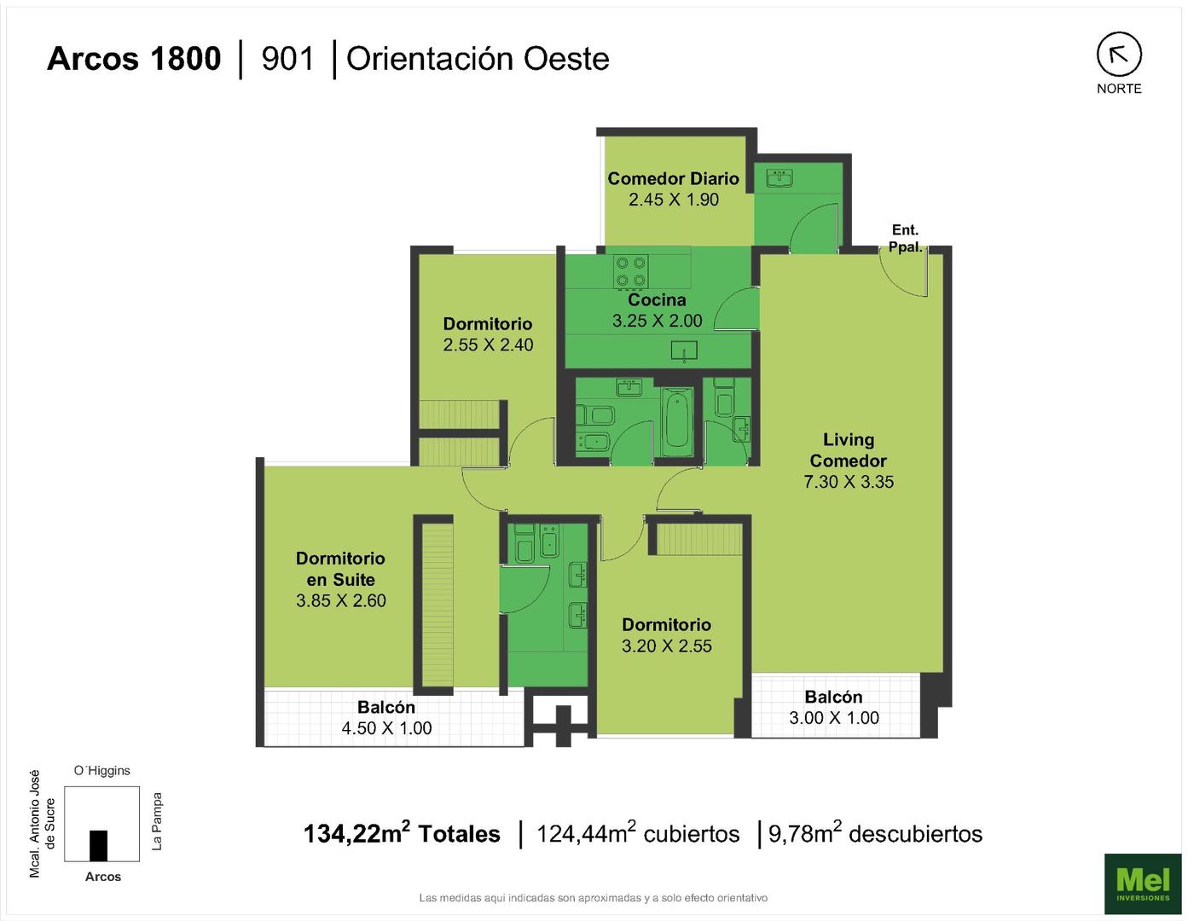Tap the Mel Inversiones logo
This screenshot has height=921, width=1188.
[x=1143, y=883]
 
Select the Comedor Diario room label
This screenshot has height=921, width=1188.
[x=673, y=179]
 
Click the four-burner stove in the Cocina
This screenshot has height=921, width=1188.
[x=630, y=272]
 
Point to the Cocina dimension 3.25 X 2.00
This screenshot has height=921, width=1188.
[x=658, y=321]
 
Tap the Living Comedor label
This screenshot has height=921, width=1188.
[x=848, y=450]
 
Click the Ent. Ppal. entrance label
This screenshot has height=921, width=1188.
[x=905, y=238]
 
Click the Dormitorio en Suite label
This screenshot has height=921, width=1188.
[x=340, y=569]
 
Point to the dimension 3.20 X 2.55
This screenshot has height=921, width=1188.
[x=666, y=646]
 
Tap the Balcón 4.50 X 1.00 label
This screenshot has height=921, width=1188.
[x=386, y=718]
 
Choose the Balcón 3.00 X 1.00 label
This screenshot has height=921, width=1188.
[x=834, y=707]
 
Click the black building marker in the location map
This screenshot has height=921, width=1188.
[x=98, y=846]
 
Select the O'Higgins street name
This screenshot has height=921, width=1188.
[x=102, y=771]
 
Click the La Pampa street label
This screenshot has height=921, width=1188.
[x=157, y=821]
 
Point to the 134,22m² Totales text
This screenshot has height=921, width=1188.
[x=402, y=833]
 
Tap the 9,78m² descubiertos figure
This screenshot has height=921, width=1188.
[x=876, y=833]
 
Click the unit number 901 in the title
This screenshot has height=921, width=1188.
[x=288, y=59]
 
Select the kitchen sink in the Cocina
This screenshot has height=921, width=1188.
[x=685, y=350]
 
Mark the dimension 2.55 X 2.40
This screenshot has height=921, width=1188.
[x=488, y=345]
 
